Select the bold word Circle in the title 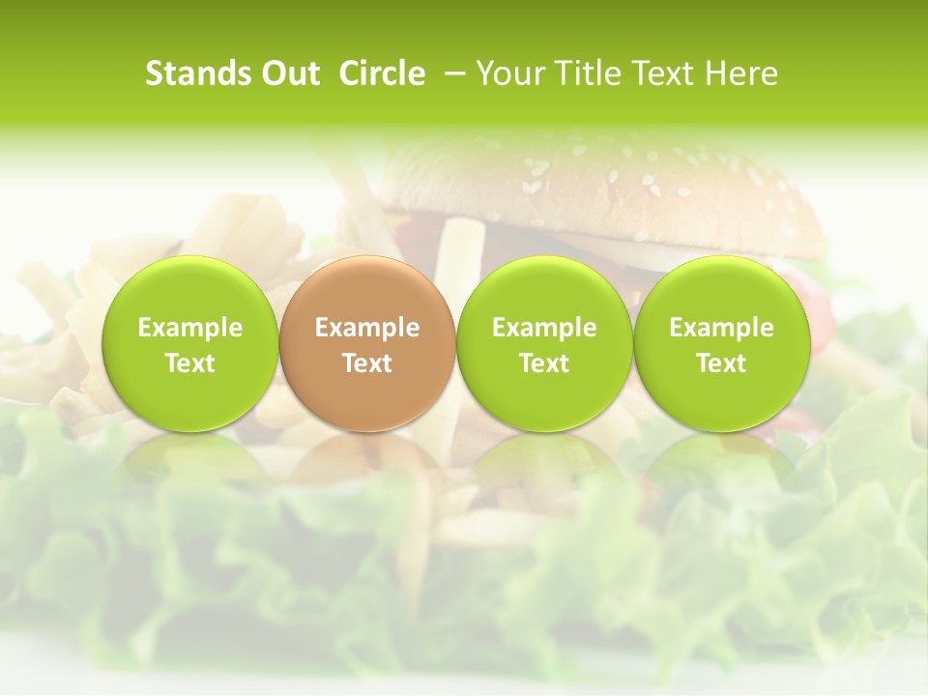coord(382,73)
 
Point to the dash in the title coord(454,73)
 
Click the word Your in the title coord(508,73)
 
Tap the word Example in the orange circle coord(367,328)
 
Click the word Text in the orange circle coord(367,363)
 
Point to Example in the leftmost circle coord(190,328)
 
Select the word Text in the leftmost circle coord(190,363)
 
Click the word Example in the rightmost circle coord(722,328)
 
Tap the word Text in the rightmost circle coord(722,363)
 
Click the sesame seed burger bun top coord(599,188)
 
